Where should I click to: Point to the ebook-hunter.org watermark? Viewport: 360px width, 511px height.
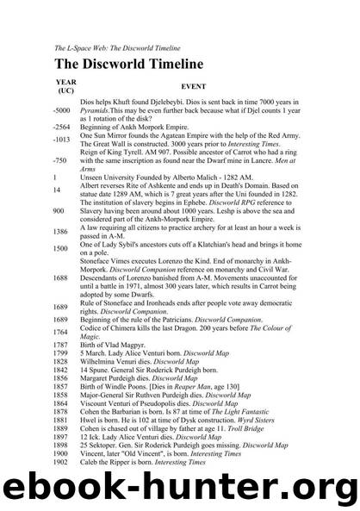click(x=180, y=485)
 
